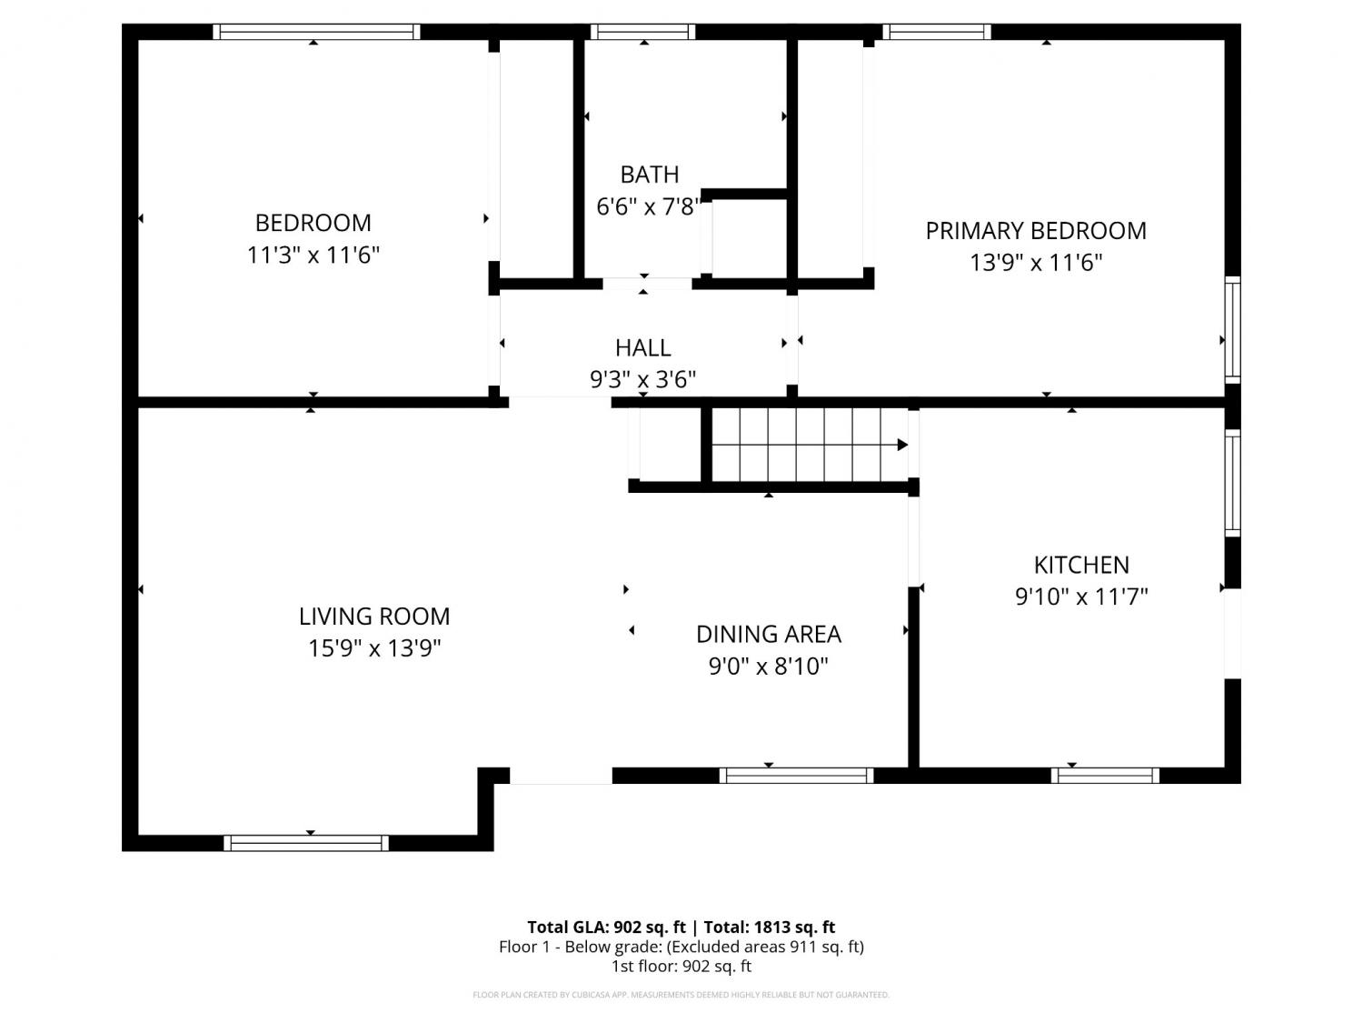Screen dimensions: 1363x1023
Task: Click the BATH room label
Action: [649, 175]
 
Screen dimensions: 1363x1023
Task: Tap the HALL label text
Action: [642, 348]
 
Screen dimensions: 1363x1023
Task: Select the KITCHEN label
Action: [1081, 565]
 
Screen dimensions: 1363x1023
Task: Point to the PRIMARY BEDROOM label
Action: [1036, 231]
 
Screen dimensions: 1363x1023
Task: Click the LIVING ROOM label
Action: [374, 617]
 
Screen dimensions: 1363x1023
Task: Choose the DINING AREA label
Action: [769, 634]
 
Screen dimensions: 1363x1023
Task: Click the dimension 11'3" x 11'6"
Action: [313, 255]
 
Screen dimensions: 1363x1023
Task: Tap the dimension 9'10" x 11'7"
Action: [1081, 597]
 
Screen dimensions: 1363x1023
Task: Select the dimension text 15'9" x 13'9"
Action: [374, 647]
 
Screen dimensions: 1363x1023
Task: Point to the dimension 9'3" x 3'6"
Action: [642, 379]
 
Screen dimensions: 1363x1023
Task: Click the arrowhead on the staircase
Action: [903, 444]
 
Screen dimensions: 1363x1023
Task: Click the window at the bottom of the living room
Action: [306, 843]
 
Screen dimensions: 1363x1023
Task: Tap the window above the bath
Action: [642, 32]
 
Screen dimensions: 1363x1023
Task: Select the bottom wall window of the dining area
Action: [796, 775]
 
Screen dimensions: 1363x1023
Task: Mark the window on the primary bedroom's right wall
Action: [1232, 330]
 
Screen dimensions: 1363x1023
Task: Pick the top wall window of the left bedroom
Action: [317, 32]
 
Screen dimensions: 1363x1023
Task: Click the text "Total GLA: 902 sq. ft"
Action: [607, 928]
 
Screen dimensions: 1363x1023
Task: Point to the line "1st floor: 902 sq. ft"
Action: [681, 967]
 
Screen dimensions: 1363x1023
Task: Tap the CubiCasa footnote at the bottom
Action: [681, 995]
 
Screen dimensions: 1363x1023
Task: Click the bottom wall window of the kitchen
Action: [1105, 775]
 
